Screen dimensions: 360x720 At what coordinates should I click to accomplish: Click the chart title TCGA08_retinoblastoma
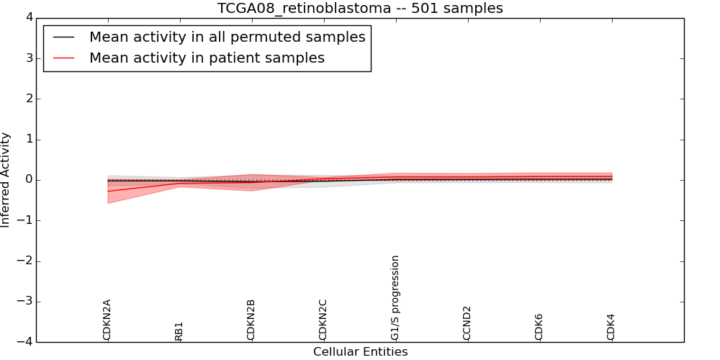[360, 9]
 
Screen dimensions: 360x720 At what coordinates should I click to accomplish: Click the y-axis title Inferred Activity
[6, 180]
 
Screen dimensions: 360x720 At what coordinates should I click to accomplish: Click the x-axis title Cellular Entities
[360, 352]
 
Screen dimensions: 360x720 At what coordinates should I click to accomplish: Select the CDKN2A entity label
[107, 320]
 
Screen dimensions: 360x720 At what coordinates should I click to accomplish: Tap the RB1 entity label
[179, 330]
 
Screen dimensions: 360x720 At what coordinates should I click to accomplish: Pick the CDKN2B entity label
[251, 320]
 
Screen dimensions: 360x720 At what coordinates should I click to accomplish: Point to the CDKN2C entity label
[323, 320]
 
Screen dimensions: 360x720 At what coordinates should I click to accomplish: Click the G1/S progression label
[395, 298]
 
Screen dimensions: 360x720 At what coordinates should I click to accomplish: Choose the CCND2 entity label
[467, 323]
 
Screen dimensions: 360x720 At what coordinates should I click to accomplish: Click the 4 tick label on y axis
[27, 17]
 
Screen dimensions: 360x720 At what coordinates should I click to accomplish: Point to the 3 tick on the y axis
[27, 58]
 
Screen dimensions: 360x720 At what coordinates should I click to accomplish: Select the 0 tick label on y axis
[27, 180]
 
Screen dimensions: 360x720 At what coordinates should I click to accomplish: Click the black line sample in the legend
[64, 37]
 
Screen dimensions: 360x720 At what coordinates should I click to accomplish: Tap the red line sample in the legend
[64, 58]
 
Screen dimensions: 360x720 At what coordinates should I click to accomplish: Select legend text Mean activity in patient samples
[207, 58]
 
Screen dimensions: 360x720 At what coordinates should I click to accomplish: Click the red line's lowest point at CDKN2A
[108, 191]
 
